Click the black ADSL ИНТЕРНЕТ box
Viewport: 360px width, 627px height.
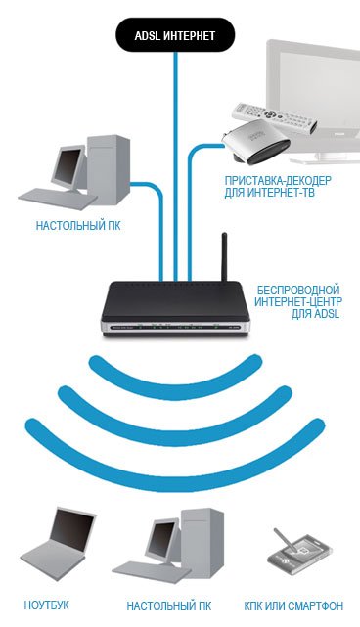(175, 35)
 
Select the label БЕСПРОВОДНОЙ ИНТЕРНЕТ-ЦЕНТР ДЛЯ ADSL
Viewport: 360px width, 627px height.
(298, 301)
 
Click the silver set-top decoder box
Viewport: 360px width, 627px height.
(256, 142)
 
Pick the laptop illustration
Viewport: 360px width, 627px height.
(59, 539)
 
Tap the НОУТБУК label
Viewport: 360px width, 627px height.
(46, 605)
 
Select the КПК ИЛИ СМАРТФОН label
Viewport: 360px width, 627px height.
(293, 606)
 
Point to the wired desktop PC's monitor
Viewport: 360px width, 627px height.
(68, 167)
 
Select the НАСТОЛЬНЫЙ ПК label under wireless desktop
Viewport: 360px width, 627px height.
(169, 605)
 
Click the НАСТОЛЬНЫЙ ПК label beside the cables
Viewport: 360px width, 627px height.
(78, 226)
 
